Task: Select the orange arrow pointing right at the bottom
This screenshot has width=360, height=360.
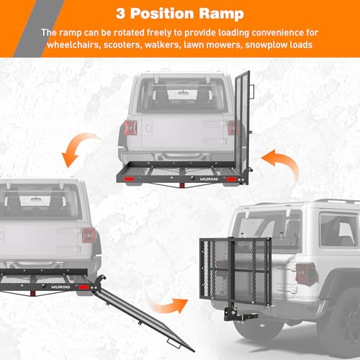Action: pyautogui.click(x=173, y=306)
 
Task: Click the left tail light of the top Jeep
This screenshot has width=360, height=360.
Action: pyautogui.click(x=130, y=128)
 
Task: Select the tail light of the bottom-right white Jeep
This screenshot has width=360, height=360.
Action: pyautogui.click(x=305, y=272)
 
